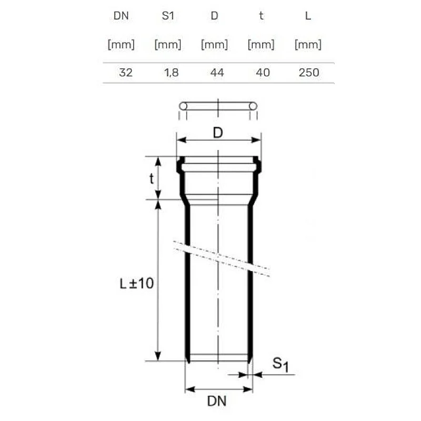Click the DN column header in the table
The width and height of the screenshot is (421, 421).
click(121, 16)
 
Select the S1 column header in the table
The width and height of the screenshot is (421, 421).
click(168, 16)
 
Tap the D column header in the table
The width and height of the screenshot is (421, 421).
click(214, 16)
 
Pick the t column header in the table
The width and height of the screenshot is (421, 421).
click(261, 16)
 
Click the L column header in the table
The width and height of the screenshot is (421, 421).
click(308, 16)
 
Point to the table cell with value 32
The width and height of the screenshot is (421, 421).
click(126, 73)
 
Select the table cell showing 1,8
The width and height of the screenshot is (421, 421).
click(172, 73)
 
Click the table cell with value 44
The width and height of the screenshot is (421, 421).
click(217, 73)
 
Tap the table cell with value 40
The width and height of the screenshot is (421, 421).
click(263, 73)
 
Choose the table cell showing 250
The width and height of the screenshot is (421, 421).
click(309, 73)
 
